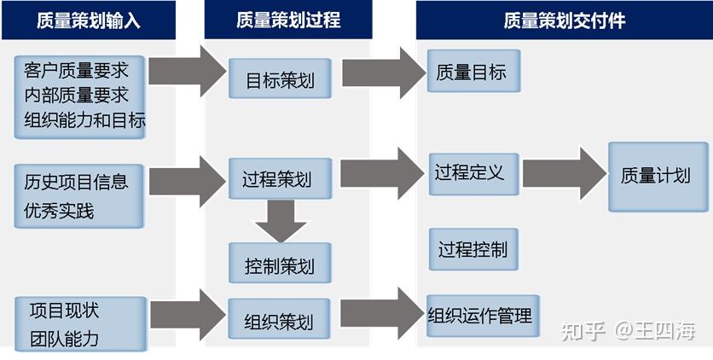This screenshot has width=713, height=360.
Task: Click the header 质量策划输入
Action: [x=88, y=20]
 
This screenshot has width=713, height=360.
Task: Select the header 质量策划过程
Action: [x=288, y=20]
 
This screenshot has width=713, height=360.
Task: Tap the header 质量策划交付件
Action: [x=564, y=20]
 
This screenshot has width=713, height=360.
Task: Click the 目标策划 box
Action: [x=280, y=80]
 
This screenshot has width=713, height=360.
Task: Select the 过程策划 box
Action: [x=276, y=178]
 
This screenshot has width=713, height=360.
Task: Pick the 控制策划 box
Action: [x=279, y=264]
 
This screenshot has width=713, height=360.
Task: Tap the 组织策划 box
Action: [x=279, y=320]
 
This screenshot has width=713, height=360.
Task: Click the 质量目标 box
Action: [x=472, y=72]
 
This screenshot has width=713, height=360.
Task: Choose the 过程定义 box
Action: [x=470, y=173]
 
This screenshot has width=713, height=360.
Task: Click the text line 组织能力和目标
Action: [x=84, y=119]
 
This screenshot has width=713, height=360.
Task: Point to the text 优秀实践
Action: [x=60, y=210]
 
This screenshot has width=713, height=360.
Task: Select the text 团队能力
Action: [x=64, y=338]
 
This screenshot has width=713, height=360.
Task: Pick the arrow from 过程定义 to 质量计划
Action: [x=563, y=173]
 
